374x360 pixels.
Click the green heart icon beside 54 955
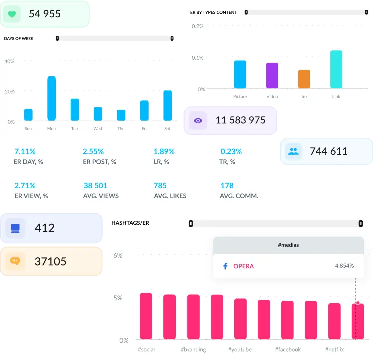[x=12, y=14]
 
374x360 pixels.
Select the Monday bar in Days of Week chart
[x=51, y=98]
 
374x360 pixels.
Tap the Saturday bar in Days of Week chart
[x=167, y=105]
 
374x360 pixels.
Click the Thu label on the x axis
[x=121, y=129]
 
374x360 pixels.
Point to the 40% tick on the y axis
[x=9, y=61]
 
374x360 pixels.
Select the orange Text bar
[x=304, y=79]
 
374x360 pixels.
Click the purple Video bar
[x=272, y=75]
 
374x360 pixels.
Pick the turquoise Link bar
[x=336, y=69]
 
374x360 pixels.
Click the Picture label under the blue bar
[x=240, y=96]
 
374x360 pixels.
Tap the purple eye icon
[x=198, y=120]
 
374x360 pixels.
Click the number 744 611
[x=328, y=151]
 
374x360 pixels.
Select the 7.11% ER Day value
[x=25, y=151]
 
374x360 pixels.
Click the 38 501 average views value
[x=95, y=186]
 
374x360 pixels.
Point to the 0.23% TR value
[x=231, y=151]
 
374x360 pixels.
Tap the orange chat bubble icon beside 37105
[x=15, y=261]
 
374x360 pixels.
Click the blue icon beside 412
[x=15, y=228]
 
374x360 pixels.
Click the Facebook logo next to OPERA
[x=225, y=266]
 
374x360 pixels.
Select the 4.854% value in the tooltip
[x=344, y=266]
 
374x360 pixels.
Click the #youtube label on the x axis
[x=240, y=349]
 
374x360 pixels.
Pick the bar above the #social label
[x=146, y=316]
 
